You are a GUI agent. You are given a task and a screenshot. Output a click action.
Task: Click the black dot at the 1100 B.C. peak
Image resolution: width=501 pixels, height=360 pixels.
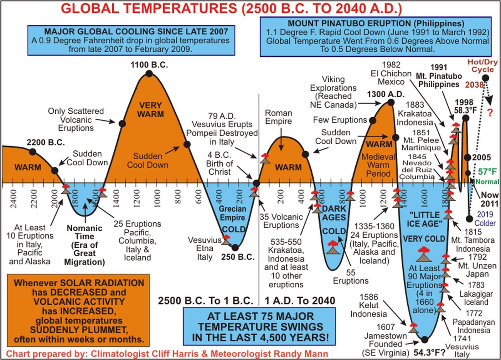149,74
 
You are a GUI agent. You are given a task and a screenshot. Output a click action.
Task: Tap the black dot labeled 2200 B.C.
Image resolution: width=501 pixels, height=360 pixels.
33,152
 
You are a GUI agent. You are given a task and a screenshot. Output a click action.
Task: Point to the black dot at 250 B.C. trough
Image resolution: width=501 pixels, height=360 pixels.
235,248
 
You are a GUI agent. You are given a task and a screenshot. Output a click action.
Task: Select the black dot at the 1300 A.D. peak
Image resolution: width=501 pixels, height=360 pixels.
391,103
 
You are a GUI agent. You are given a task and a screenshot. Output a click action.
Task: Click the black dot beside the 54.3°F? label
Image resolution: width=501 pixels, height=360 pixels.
425,340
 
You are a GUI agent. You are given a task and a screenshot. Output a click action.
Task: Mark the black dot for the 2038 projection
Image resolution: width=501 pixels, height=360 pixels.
486,78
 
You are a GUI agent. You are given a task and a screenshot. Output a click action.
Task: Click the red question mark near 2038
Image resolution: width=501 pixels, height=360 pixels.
490,113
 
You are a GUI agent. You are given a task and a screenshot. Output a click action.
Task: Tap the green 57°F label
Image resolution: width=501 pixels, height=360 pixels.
487,172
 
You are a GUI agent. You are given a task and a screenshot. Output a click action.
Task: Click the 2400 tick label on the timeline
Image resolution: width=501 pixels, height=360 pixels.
14,199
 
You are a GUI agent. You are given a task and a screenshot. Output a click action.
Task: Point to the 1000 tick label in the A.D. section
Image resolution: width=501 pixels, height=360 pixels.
363,199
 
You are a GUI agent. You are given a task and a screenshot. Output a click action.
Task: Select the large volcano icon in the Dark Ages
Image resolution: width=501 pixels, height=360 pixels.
333,247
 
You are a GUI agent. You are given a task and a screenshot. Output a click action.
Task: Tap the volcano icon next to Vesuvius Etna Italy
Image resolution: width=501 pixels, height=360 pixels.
226,240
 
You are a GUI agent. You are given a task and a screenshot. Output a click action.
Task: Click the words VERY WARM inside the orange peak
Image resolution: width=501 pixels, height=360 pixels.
151,110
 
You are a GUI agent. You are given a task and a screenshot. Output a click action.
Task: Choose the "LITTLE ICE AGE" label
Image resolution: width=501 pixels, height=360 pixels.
425,219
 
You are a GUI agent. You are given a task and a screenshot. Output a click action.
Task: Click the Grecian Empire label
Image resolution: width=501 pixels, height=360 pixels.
232,213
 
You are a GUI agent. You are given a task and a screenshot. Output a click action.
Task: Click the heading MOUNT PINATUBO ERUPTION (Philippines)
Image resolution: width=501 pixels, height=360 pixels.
376,23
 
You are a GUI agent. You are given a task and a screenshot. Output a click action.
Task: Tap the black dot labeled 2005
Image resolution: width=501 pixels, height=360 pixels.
467,158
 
